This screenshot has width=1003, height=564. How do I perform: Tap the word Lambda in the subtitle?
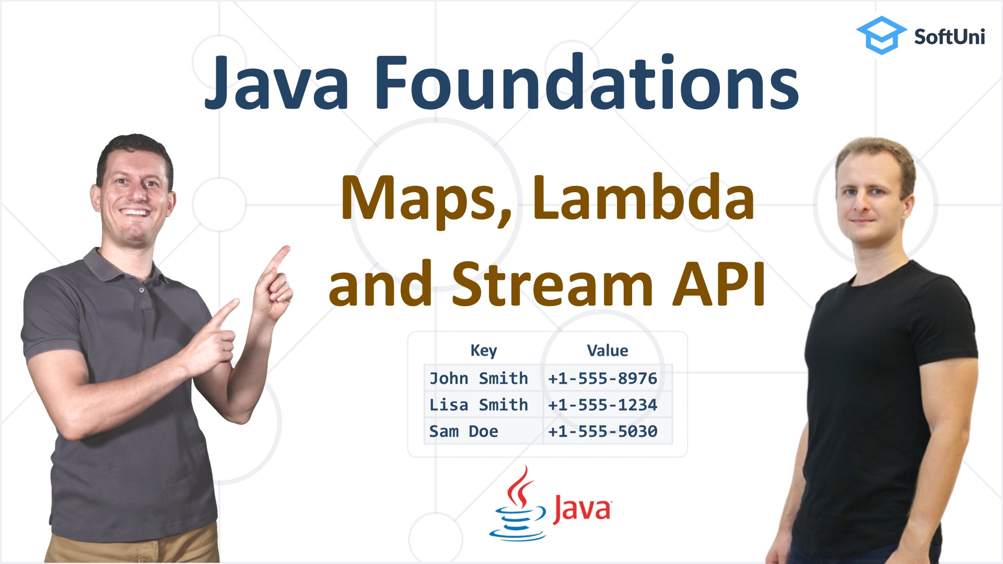(x=643, y=198)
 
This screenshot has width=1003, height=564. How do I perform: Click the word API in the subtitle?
(x=719, y=285)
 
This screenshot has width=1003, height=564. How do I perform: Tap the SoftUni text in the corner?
(x=949, y=37)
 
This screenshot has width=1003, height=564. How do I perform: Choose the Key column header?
(x=483, y=350)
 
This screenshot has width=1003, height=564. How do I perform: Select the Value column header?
(x=607, y=350)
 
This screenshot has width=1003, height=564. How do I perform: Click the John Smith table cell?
(x=479, y=378)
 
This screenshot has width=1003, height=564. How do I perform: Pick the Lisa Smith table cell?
(x=479, y=405)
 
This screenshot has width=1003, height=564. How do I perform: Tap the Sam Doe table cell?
(x=463, y=431)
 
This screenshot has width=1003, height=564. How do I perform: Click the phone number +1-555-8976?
(x=602, y=378)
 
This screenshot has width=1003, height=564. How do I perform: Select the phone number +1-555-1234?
(x=602, y=405)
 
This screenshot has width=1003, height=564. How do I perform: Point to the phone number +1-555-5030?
(x=602, y=431)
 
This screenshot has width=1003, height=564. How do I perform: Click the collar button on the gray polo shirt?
(x=142, y=289)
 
